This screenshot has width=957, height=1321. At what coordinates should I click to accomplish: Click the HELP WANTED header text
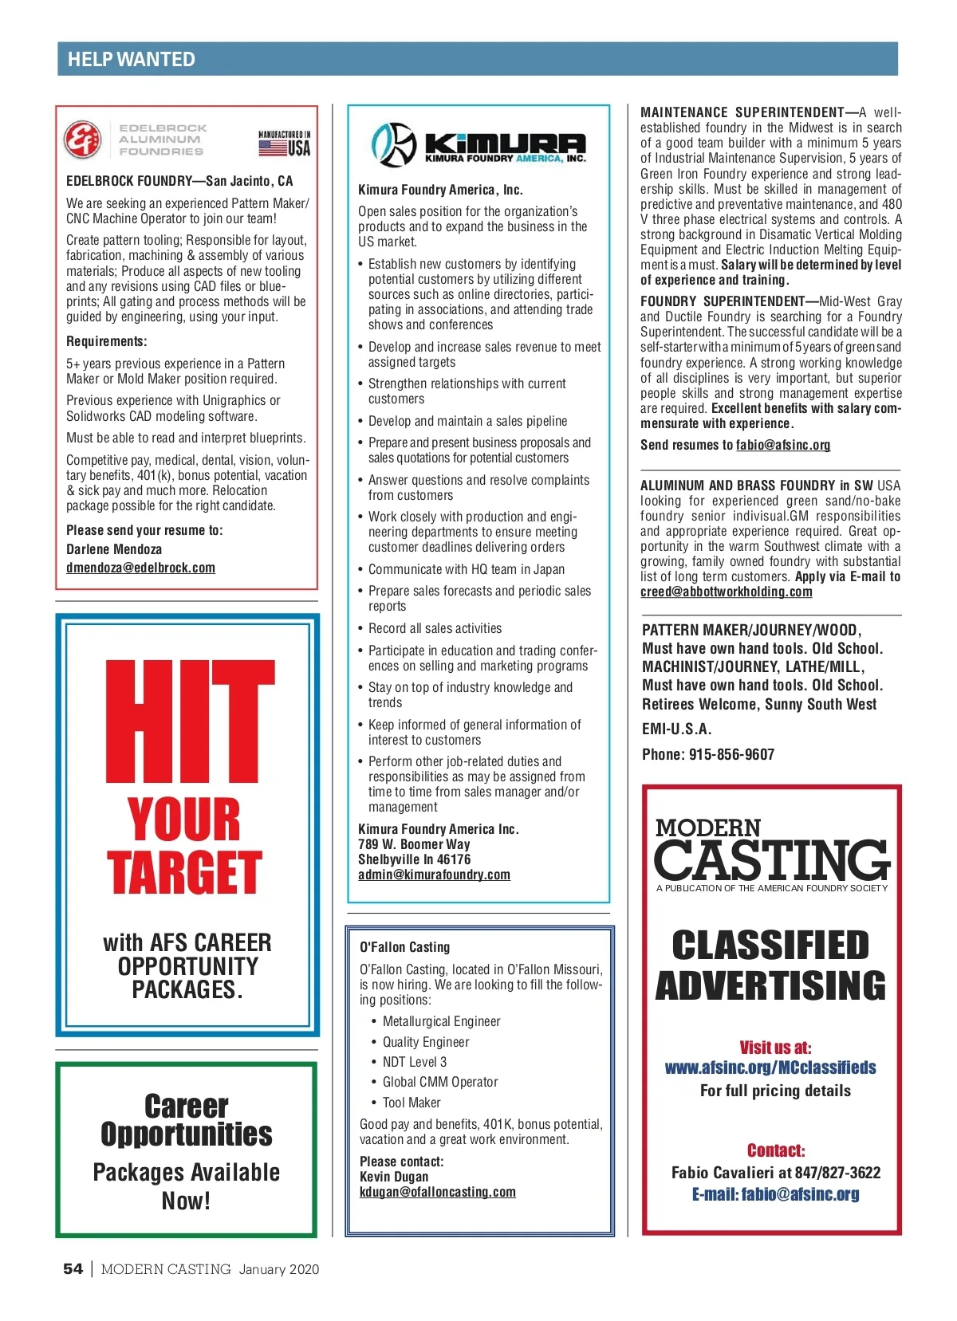coord(132,60)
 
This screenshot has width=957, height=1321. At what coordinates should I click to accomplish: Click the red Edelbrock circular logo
coord(82,140)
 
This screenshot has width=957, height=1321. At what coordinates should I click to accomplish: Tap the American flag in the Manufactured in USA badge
coord(272,148)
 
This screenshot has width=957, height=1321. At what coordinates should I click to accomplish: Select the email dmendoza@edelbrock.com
coord(140,568)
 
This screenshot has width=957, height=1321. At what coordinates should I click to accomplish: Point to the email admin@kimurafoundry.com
coord(434,875)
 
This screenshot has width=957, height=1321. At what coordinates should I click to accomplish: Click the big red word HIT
coord(190,721)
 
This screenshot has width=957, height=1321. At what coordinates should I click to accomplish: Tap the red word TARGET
coord(184,873)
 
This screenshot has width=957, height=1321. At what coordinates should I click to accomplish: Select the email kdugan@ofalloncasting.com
coord(437,1192)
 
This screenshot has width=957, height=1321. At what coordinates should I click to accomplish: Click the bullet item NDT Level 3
coord(414,1062)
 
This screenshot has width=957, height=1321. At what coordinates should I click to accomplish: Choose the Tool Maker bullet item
coord(411,1103)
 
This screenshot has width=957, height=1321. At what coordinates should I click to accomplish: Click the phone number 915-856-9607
coord(731,754)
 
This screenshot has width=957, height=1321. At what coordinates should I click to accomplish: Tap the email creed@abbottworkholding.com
coord(726,592)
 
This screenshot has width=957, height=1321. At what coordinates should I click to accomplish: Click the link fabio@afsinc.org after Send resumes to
coord(782,445)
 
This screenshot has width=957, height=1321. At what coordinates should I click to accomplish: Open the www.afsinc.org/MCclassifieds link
coord(770,1067)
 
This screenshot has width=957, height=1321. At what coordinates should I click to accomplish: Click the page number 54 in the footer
coord(73,1269)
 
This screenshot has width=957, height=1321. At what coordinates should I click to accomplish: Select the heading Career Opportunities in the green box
coord(187,1120)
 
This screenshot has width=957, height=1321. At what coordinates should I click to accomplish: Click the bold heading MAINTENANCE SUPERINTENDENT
coord(742,112)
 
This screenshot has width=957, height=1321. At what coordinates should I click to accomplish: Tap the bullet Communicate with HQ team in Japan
coord(466,569)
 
